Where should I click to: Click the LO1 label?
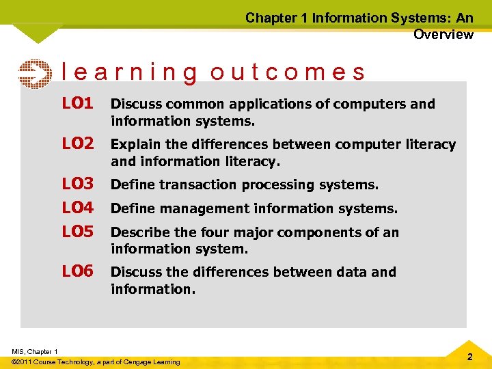tap(77, 104)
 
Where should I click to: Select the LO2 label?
tap(77, 144)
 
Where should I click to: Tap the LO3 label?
tap(77, 184)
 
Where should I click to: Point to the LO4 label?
tap(77, 208)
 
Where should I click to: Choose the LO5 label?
tap(77, 232)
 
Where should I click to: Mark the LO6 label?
tap(77, 272)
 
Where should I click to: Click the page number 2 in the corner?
tap(469, 357)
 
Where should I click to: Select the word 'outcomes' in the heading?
tap(288, 72)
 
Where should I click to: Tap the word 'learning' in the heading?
tap(130, 72)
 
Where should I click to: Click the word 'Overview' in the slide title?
tap(443, 34)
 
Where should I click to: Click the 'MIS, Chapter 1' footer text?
tap(35, 351)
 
